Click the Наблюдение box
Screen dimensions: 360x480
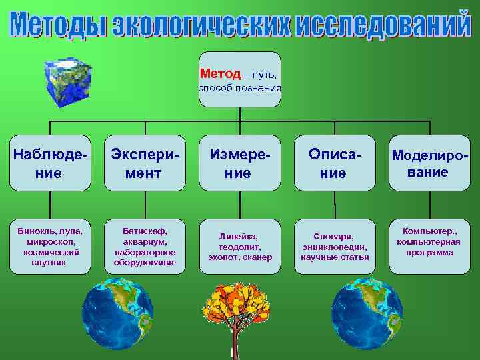pos(50,163)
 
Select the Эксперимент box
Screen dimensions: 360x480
pos(145,163)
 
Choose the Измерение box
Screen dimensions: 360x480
pos(239,163)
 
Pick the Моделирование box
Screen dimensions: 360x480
pos(429,163)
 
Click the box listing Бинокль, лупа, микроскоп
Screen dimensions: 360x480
pos(50,246)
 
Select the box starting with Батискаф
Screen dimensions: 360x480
pos(145,246)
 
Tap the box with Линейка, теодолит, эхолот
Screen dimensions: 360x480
pos(239,246)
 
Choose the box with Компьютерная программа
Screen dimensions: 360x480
pos(429,246)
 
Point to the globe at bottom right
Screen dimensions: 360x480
pos(366,313)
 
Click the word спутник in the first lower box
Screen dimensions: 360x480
pos(50,263)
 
